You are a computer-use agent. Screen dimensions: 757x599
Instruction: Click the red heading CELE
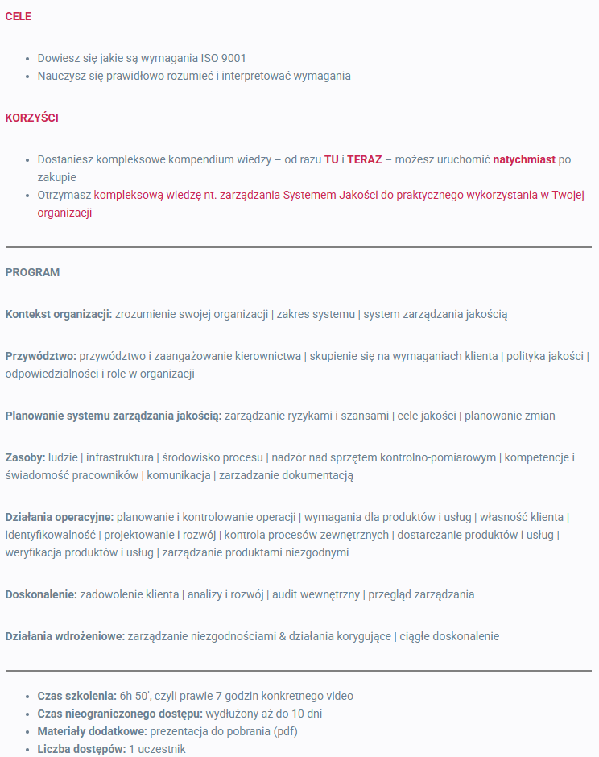[19, 16]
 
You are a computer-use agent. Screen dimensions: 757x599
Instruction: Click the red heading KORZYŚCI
[31, 118]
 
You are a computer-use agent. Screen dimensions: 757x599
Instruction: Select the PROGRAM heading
[32, 272]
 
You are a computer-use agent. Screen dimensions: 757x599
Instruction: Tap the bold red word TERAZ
[364, 159]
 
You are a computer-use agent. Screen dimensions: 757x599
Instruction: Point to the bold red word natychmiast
[524, 159]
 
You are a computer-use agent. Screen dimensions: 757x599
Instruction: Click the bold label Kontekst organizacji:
[59, 314]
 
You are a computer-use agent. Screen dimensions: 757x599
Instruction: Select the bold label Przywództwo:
[41, 356]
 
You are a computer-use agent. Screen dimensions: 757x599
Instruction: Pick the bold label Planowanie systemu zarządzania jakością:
[114, 416]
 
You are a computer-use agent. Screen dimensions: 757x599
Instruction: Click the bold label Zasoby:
[25, 457]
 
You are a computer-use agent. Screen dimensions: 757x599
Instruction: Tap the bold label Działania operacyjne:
[60, 517]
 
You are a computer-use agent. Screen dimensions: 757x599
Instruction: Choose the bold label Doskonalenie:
[41, 594]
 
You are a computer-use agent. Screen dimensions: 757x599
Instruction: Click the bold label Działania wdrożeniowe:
[65, 636]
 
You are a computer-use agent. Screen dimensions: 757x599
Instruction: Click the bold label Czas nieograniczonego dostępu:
[120, 714]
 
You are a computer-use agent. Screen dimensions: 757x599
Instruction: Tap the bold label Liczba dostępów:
[81, 749]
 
